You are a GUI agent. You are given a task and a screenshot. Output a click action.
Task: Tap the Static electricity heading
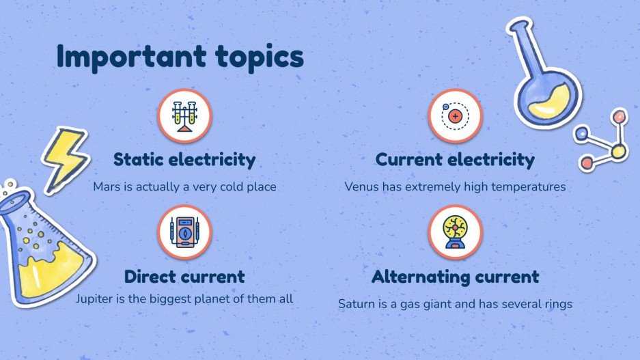point(184,160)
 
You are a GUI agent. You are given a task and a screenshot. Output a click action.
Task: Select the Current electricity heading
point(455,160)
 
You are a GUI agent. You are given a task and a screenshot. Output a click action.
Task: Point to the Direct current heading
point(184,277)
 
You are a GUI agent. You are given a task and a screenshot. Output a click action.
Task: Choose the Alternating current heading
point(455,277)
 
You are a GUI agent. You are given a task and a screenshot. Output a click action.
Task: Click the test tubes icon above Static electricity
point(184,116)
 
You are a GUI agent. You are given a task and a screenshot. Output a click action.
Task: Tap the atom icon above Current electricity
point(455,116)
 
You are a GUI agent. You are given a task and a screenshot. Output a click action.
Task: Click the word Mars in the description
point(106,186)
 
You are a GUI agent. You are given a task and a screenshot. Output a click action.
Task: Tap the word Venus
point(361,186)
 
